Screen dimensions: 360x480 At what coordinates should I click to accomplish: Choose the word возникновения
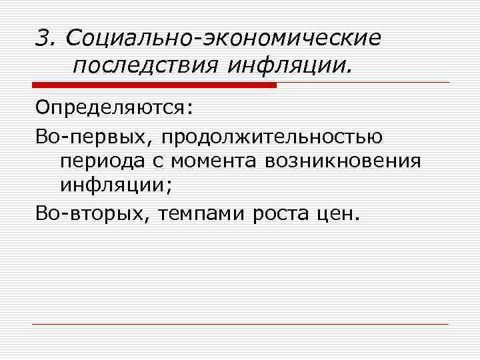tap(344, 161)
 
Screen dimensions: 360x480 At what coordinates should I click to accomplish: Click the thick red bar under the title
tap(153, 85)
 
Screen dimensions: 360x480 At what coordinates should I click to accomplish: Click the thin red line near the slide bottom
tap(240, 324)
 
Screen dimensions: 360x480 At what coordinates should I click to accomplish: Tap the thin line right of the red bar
tap(363, 83)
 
